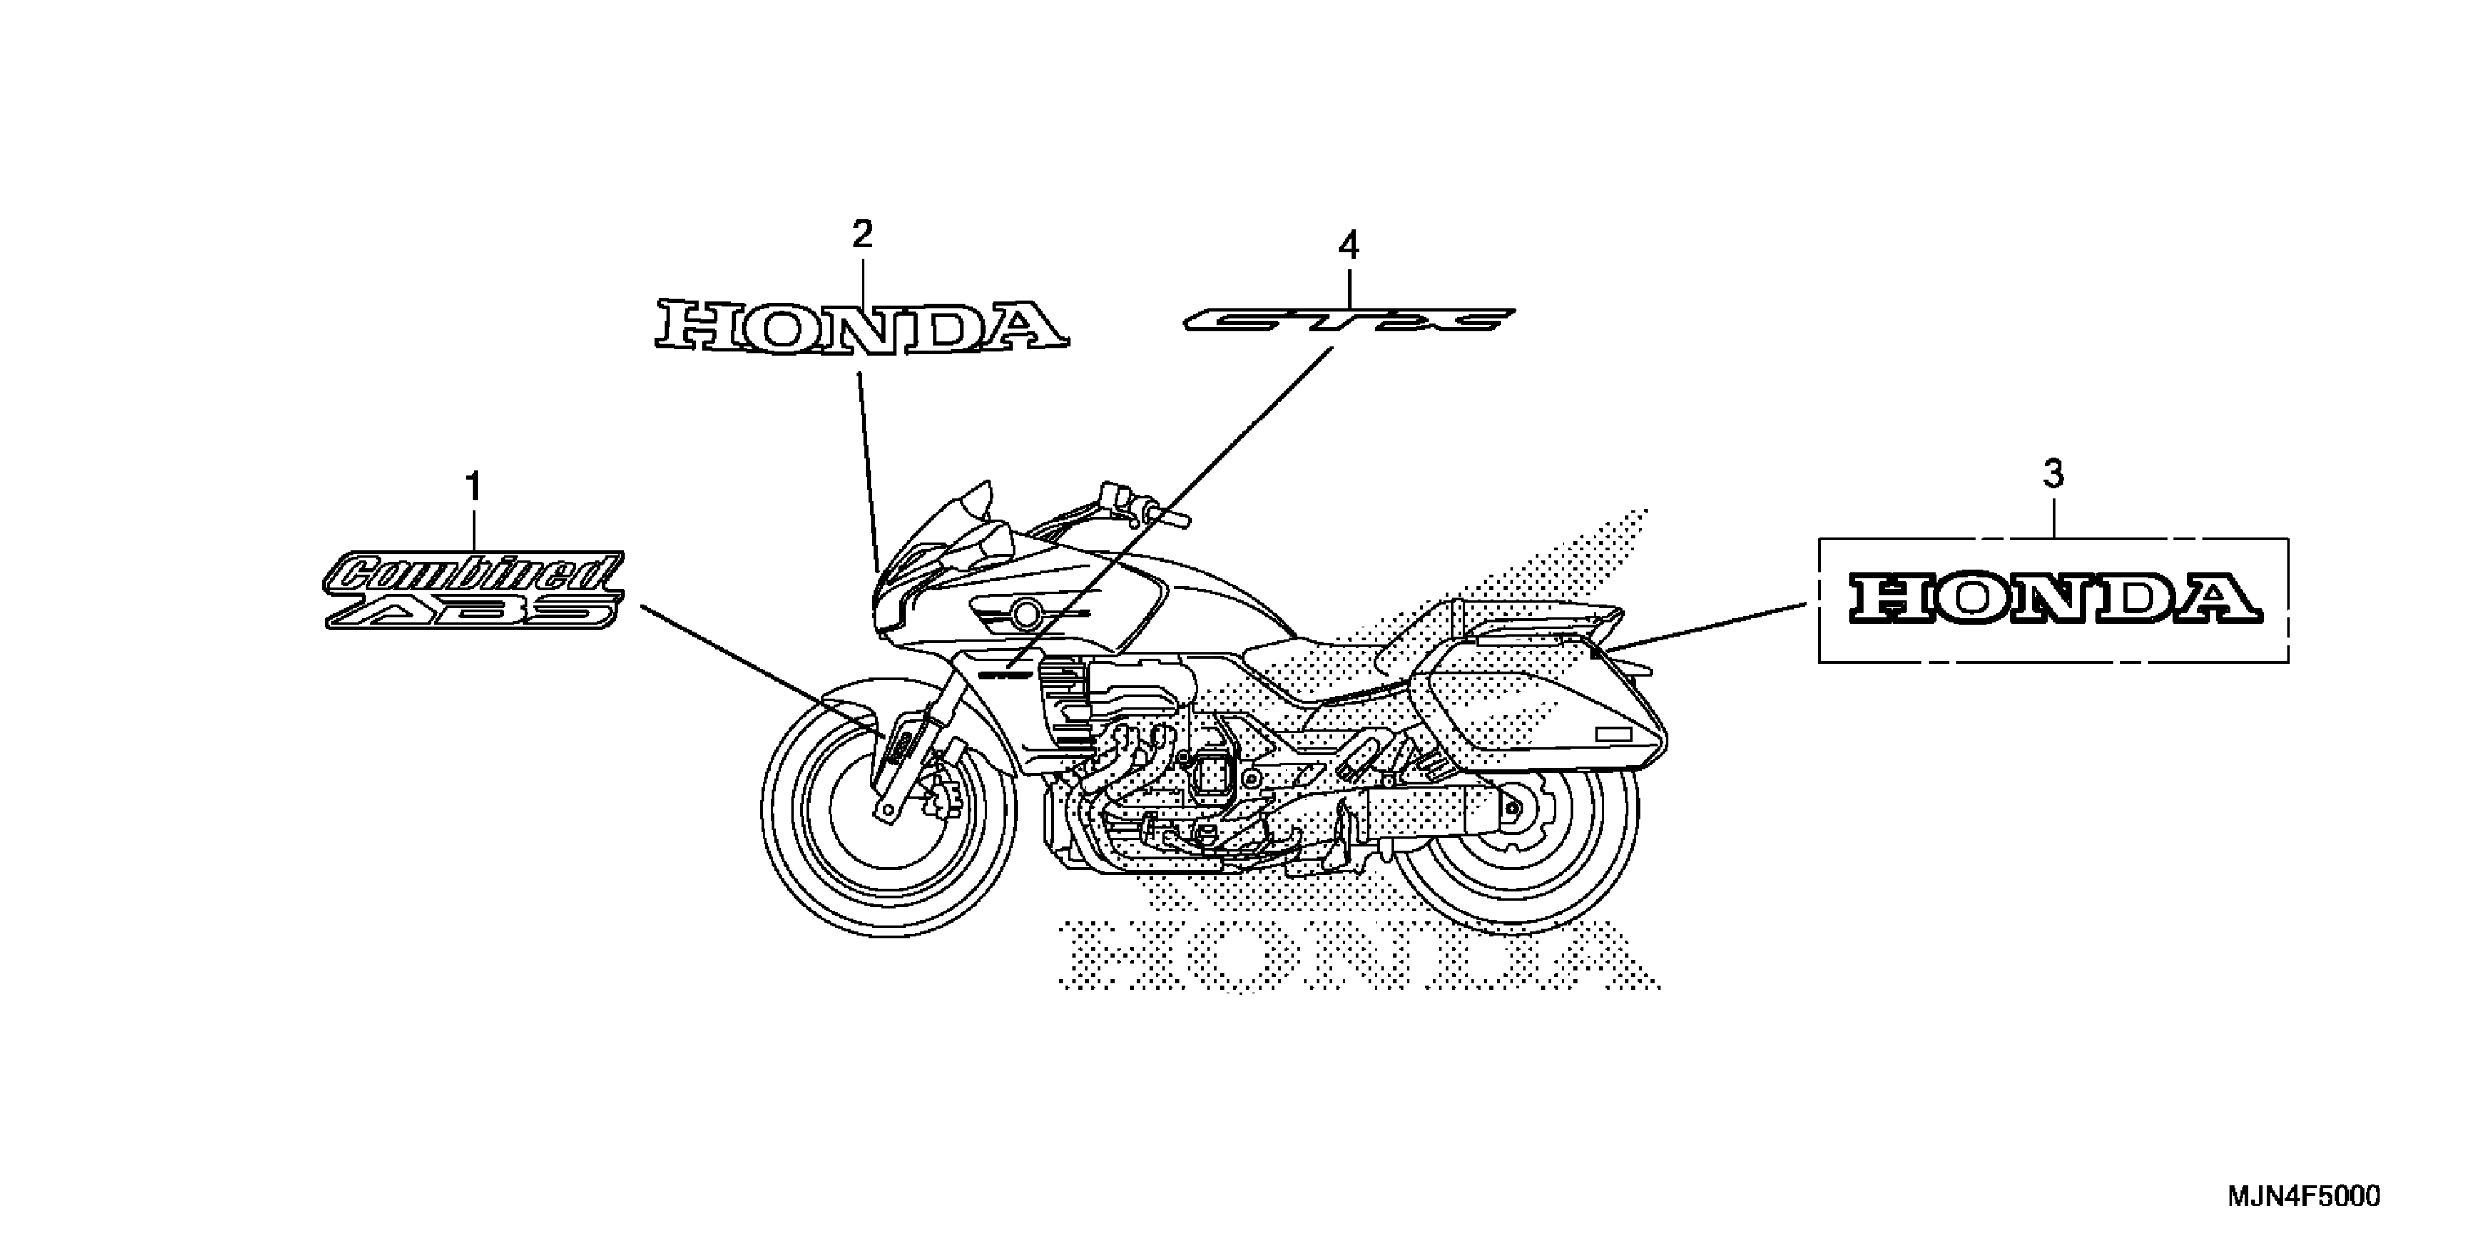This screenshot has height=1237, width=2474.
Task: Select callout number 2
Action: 862,234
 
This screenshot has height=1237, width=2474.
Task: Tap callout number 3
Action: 2053,474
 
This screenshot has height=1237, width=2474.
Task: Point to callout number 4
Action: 1348,247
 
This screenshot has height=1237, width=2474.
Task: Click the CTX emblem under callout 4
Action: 1348,319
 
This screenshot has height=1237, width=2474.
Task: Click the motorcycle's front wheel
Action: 888,827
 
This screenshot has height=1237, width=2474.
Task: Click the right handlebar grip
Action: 1174,519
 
